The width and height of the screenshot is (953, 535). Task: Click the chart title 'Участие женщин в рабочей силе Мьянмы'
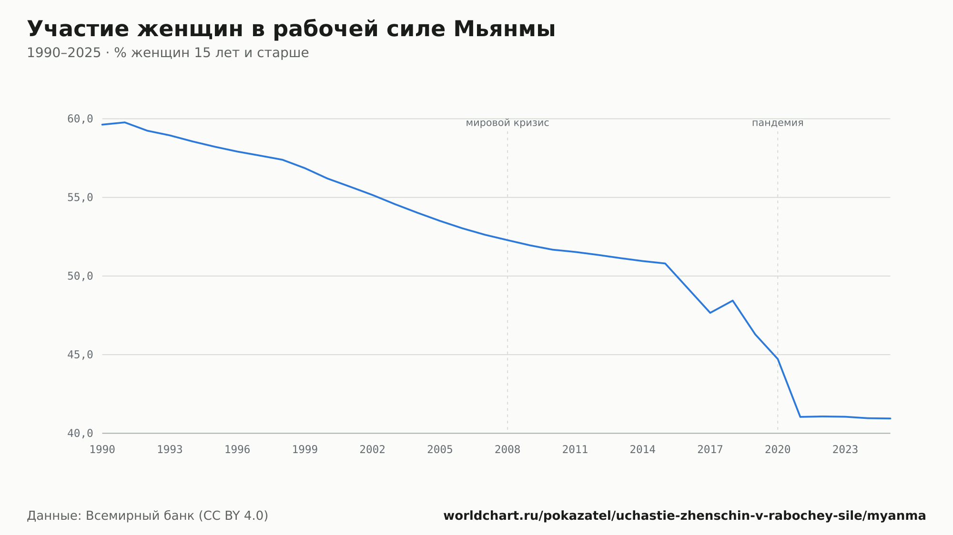point(291,29)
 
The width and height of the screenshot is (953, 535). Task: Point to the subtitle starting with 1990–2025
point(168,53)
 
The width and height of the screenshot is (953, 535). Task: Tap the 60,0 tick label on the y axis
point(80,119)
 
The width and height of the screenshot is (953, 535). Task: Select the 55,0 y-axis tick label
point(80,198)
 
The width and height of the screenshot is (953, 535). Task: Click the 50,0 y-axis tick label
point(80,276)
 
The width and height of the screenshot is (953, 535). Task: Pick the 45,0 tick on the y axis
point(80,355)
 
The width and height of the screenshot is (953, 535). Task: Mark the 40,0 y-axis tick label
point(80,433)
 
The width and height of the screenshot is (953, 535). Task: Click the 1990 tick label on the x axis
point(102,450)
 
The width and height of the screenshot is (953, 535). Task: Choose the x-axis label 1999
point(305,450)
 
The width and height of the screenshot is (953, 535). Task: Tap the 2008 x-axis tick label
point(507,450)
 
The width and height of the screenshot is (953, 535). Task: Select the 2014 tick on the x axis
point(643,450)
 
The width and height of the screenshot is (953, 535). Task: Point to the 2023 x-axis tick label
point(845,450)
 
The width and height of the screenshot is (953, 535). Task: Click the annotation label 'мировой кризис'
point(507,123)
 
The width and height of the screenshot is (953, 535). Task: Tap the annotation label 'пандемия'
point(778,123)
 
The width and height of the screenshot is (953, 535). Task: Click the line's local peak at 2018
point(733,300)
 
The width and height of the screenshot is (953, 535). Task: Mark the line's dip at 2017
point(710,313)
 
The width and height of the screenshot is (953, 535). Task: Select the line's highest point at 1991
point(125,122)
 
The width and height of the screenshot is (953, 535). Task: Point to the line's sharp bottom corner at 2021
point(801,417)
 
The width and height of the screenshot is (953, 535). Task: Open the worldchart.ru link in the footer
point(685,516)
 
